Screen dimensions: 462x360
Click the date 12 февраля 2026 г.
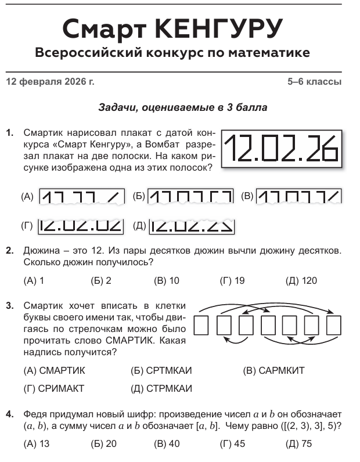[49, 82]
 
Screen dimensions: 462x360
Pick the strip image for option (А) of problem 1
[81, 197]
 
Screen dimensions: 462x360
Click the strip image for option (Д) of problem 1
[192, 225]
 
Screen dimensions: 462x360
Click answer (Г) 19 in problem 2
[232, 281]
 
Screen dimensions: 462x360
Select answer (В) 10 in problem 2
[167, 281]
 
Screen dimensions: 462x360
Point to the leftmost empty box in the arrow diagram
[201, 325]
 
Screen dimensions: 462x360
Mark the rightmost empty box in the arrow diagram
[334, 325]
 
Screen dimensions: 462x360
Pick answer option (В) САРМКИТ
[273, 370]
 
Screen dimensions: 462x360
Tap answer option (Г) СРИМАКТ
[54, 388]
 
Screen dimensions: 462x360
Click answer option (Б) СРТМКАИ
[162, 370]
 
